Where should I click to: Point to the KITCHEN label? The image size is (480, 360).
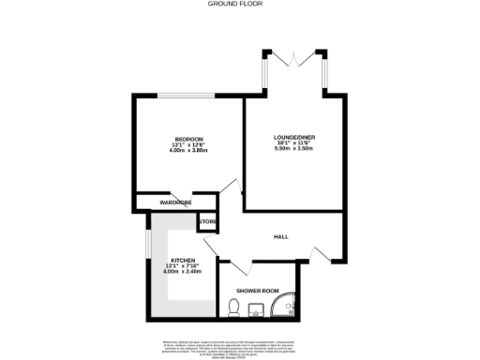point(182,260)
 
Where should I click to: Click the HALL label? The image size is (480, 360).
point(280,236)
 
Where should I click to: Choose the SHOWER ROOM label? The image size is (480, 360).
point(258,292)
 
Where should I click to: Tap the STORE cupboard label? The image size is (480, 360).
point(207,222)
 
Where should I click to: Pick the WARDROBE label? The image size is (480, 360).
point(176,202)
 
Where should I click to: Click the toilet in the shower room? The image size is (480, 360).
point(234,307)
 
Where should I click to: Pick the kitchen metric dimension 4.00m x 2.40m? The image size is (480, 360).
point(182,272)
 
